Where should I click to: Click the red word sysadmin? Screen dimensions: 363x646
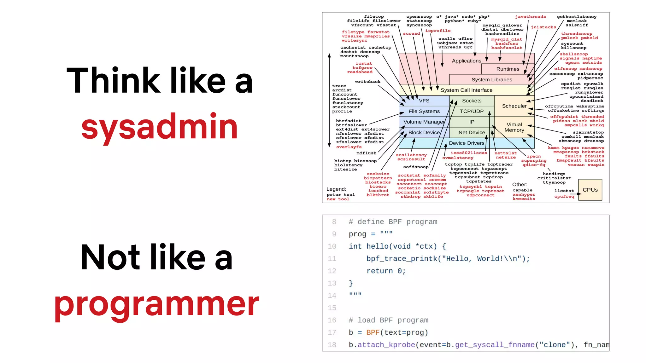tap(159, 127)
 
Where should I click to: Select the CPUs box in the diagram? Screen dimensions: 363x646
tap(590, 190)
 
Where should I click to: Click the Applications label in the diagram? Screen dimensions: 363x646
tap(466, 61)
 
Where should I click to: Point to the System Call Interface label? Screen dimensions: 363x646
tap(466, 90)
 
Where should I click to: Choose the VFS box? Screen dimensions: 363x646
tap(424, 101)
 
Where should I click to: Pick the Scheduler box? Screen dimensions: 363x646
tap(514, 106)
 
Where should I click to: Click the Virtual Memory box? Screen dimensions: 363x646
tap(514, 127)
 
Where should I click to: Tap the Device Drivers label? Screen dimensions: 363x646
tap(466, 143)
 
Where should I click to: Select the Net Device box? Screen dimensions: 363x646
tap(471, 133)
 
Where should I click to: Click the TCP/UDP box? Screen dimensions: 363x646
tap(471, 111)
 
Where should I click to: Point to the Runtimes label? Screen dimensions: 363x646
tap(508, 69)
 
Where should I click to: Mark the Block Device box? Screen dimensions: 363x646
tap(424, 133)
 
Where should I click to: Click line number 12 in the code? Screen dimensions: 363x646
tap(332, 271)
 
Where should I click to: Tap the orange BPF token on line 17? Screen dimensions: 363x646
tap(373, 332)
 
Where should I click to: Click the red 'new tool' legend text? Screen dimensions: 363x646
tap(338, 199)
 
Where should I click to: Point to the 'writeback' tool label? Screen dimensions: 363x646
tap(367, 82)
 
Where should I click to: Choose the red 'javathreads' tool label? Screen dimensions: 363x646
tap(530, 17)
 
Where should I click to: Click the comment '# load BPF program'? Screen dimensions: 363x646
tap(388, 320)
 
